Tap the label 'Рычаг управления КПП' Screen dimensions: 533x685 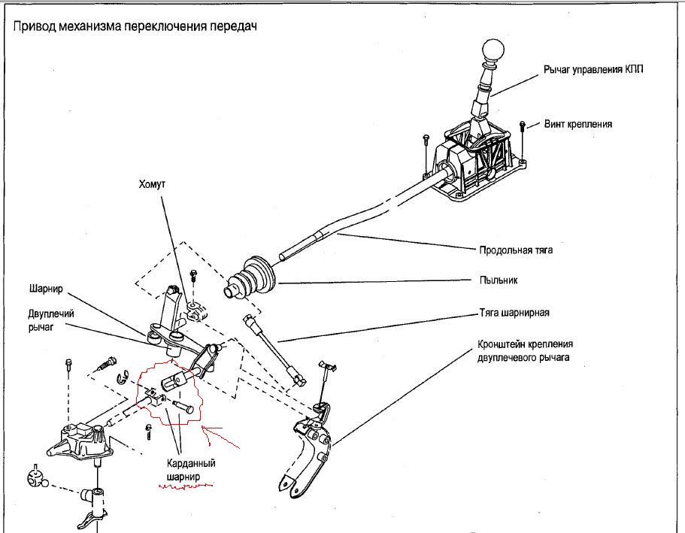(593, 69)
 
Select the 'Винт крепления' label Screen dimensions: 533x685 (577, 123)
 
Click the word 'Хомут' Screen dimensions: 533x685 (152, 183)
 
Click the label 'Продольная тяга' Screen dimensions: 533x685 (515, 250)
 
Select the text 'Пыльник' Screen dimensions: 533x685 (498, 280)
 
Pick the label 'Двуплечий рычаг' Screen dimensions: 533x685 (50, 319)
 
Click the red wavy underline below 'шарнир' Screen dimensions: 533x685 (185, 487)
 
